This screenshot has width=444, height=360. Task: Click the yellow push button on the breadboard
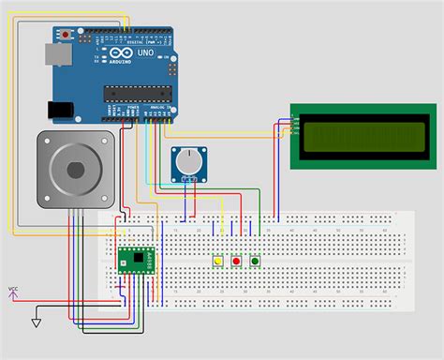[x=218, y=260]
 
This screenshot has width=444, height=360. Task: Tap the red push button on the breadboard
[x=236, y=260]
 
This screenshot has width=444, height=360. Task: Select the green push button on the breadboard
[x=255, y=260]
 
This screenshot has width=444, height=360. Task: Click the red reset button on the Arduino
[x=65, y=34]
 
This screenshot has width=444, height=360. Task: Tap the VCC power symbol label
[x=13, y=290]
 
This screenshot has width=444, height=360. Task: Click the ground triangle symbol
[x=36, y=322]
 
